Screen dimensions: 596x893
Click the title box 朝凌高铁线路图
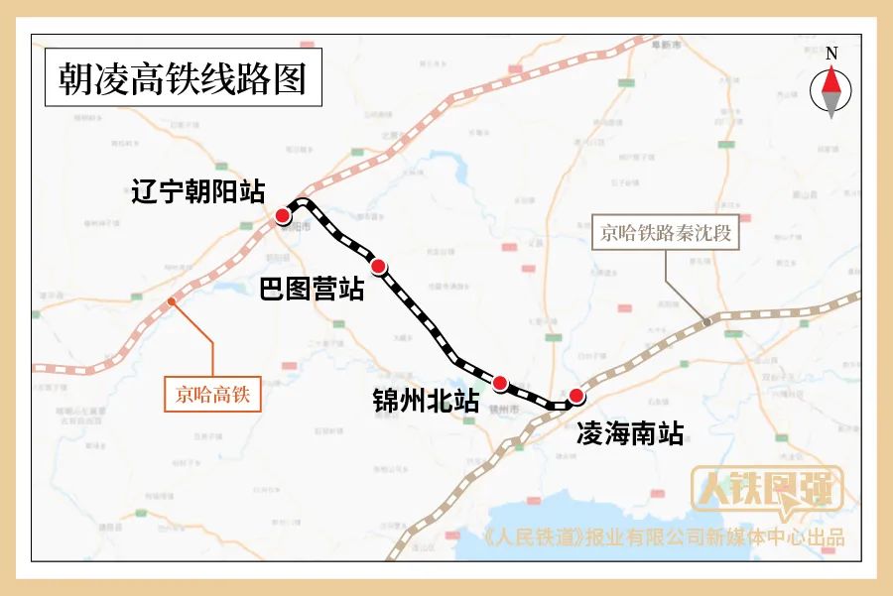point(184,76)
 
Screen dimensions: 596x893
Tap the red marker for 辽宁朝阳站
point(283,216)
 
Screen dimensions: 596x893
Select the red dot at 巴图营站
point(378,266)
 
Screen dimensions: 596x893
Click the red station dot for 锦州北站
point(500,383)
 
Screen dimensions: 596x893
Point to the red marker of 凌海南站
point(575,396)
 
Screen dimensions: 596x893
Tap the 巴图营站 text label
point(312,290)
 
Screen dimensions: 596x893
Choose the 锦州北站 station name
point(426,402)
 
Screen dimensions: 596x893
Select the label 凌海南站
point(630,433)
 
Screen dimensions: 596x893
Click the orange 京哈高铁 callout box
point(212,395)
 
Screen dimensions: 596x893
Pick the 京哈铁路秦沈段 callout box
point(666,234)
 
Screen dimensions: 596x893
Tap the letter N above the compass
point(831,54)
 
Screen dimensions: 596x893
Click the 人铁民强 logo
point(767,491)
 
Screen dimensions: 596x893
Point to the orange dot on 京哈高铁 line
point(172,301)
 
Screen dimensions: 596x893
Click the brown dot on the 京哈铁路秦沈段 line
point(707,321)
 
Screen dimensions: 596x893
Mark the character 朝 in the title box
point(76,76)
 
